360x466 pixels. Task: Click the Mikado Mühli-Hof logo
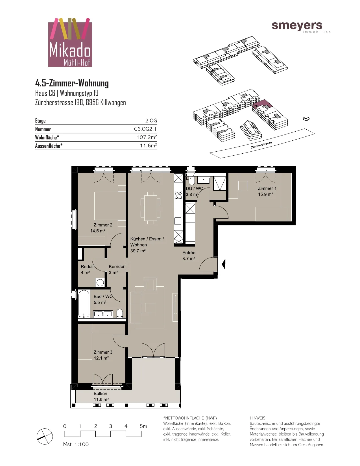[70, 42]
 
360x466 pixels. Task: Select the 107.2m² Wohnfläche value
[147, 137]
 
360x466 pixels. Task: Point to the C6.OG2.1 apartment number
[145, 129]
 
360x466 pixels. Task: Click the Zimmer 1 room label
[267, 188]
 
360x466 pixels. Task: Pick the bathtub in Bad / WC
[84, 303]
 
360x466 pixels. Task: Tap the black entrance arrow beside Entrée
[224, 264]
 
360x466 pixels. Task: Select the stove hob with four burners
[178, 195]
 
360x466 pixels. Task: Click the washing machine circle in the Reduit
[100, 282]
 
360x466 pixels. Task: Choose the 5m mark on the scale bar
[143, 426]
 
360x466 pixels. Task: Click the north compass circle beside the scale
[45, 436]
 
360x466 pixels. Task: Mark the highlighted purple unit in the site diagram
[262, 104]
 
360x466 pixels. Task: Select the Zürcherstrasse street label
[261, 145]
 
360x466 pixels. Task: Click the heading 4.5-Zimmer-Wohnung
[72, 83]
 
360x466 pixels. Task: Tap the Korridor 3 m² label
[116, 269]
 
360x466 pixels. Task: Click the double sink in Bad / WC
[103, 314]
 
